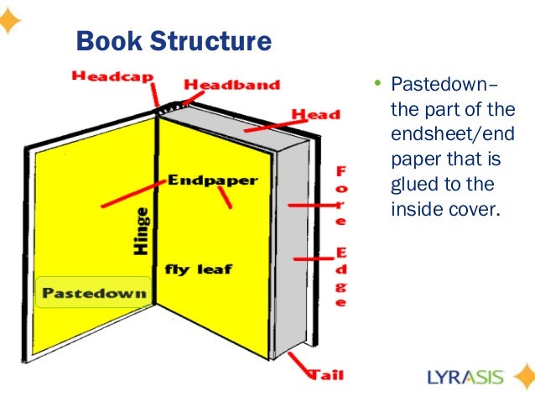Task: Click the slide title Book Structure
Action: click(174, 40)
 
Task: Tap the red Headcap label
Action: click(112, 76)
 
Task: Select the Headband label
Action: click(231, 85)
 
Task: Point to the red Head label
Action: click(315, 114)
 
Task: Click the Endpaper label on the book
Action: click(213, 180)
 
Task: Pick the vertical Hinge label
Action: click(142, 230)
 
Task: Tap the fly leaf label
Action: click(198, 270)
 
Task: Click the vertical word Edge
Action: click(341, 278)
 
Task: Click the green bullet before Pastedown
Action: click(377, 83)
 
